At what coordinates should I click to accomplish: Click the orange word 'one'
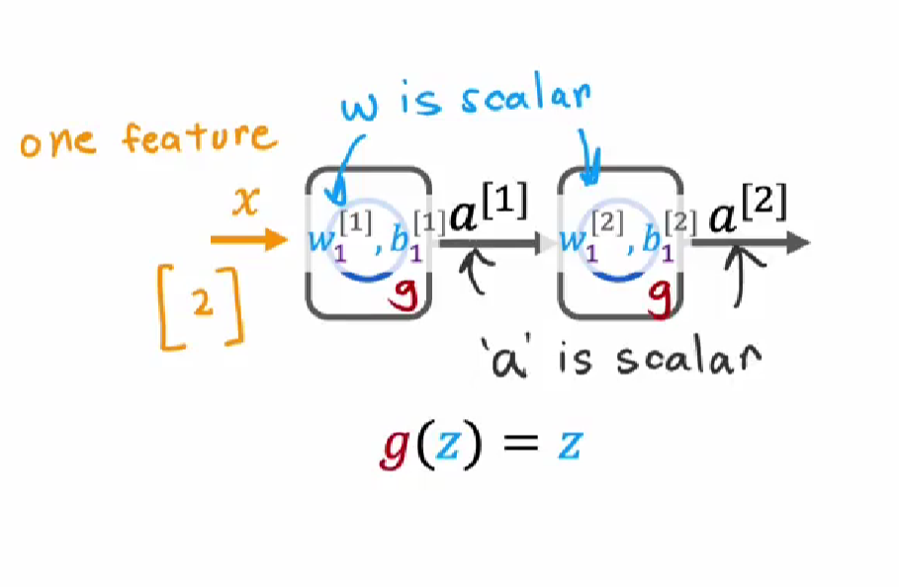pos(57,142)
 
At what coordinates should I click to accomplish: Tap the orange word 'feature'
pos(199,138)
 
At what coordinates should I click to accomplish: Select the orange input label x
pos(246,202)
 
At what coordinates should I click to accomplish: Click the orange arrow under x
pos(249,239)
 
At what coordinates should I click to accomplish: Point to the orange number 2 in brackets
pos(203,301)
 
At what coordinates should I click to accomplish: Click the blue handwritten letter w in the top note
pos(359,107)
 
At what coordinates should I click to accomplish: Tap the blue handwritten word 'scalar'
pos(525,96)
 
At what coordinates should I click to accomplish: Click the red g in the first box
pos(405,294)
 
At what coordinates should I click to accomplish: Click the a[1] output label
pos(489,210)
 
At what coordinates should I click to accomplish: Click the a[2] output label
pos(748,210)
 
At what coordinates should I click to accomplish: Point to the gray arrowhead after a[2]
pos(797,242)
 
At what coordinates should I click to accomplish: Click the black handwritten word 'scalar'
pos(688,360)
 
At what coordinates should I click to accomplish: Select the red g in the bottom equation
pos(396,448)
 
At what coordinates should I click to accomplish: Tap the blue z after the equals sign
pos(571,446)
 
